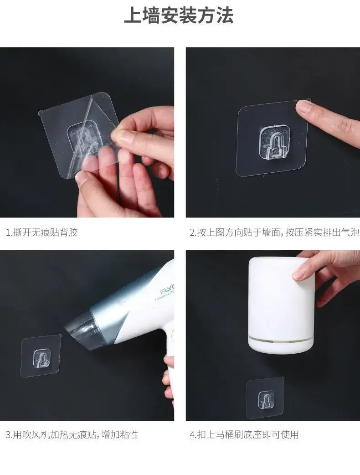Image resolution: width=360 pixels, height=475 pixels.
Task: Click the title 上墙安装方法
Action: (179, 15)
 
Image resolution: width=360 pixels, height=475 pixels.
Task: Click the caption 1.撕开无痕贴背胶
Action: (42, 232)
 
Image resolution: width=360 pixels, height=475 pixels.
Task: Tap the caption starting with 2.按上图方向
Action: (274, 232)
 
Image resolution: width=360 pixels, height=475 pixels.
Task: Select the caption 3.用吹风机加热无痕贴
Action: (72, 435)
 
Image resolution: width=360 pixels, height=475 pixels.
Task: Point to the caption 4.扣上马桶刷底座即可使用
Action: (244, 435)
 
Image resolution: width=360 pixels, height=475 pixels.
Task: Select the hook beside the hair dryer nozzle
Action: (41, 359)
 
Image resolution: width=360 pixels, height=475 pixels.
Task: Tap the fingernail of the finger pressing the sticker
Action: (303, 106)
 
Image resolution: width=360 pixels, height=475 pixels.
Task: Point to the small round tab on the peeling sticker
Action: (41, 114)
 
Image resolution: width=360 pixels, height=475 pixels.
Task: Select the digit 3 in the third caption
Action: (8, 435)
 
